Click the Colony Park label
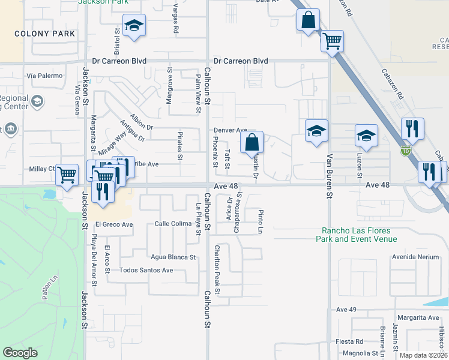pos(45,34)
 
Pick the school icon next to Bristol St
pos(134,26)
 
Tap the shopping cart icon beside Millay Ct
pos(67,175)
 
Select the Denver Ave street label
pos(231,130)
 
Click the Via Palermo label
pos(44,76)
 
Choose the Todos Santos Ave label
pos(146,270)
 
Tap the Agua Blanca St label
pos(173,257)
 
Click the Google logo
pos(20,353)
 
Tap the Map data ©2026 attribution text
pos(423,355)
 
